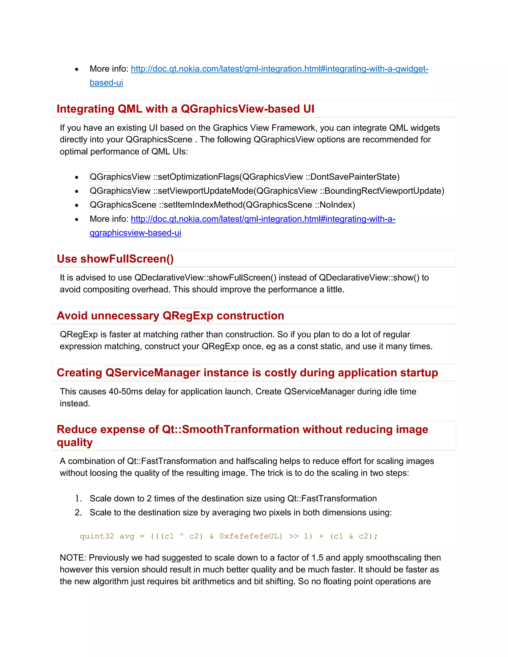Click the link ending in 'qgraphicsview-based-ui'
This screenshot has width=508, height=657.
(135, 233)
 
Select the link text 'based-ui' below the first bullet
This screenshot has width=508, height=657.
(106, 83)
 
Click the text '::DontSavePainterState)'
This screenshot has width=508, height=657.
(352, 177)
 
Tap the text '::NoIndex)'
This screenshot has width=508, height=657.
(335, 205)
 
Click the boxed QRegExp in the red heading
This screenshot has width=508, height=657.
(188, 316)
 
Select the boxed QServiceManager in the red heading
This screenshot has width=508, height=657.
(153, 373)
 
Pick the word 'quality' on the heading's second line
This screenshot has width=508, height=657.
(75, 443)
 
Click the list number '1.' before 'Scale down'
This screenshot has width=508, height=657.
(78, 499)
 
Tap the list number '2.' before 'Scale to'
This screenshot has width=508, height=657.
(78, 513)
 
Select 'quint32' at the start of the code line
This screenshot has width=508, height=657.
(97, 536)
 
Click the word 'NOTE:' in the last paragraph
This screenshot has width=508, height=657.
(73, 558)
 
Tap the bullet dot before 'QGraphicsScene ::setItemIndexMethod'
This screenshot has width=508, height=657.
(77, 206)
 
